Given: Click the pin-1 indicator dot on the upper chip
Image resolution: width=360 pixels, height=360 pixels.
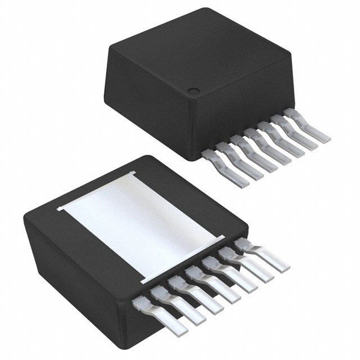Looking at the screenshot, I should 193,90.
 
